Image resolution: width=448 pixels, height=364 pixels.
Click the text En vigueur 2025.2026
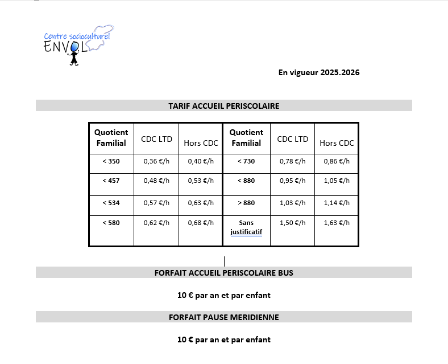[318, 72]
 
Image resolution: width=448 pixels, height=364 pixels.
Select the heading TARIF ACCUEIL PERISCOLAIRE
[223, 106]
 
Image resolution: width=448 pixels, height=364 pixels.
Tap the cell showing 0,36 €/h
[156, 161]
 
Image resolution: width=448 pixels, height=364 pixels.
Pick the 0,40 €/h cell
[200, 161]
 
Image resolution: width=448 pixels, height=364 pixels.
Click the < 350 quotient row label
[111, 161]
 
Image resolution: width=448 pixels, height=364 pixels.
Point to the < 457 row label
[111, 181]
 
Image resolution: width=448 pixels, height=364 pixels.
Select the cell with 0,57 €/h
[156, 202]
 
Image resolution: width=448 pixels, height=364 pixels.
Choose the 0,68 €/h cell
[200, 222]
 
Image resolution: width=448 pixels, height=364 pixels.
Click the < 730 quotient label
[246, 161]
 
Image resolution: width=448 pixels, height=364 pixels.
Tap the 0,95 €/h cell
[293, 181]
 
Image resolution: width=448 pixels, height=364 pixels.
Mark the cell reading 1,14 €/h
[337, 202]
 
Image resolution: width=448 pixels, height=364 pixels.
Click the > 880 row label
[246, 202]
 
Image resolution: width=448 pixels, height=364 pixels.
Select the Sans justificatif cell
[246, 227]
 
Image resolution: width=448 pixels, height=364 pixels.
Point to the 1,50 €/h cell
[293, 222]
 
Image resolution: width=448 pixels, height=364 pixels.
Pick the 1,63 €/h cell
[337, 222]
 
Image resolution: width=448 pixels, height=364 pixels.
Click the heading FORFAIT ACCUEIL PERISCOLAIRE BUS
[223, 273]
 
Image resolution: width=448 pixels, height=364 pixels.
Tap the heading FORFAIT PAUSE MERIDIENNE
[223, 317]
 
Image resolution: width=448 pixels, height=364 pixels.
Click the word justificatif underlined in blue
[246, 232]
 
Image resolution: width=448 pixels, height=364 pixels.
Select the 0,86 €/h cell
[337, 161]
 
